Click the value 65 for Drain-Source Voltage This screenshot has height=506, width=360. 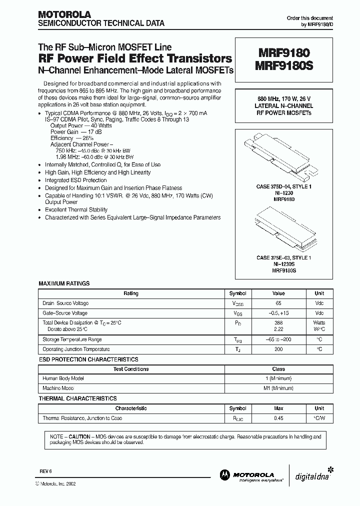coord(278,303)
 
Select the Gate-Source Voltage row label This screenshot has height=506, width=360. coord(65,312)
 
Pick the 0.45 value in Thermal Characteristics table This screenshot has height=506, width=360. coord(278,418)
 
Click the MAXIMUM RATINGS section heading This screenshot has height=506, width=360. coord(64,283)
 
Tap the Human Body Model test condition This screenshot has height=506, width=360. coord(63,378)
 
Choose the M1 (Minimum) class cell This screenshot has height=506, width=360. coord(278,388)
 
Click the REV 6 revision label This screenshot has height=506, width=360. coord(46,471)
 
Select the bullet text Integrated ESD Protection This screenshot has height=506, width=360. coord(76,180)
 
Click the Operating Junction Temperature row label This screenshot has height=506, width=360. coord(76,349)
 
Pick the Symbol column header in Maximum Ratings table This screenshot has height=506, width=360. coord(237,293)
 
